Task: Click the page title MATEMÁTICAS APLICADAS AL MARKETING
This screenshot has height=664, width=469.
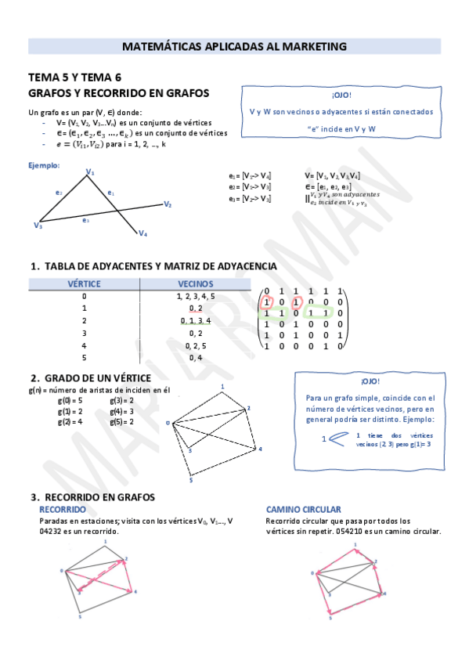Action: [234, 46]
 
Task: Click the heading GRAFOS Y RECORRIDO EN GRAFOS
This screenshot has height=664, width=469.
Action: [118, 92]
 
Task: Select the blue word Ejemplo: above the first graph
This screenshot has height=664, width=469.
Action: [44, 165]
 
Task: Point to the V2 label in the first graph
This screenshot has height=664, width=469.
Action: [168, 204]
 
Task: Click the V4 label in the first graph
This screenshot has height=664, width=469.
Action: [143, 233]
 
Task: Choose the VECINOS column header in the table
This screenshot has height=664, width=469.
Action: [195, 284]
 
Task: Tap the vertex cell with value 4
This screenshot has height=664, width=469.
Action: [84, 345]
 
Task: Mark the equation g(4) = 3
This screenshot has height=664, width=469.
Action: [122, 411]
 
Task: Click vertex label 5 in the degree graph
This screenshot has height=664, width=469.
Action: [190, 480]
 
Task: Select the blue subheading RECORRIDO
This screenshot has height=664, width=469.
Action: [63, 509]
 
